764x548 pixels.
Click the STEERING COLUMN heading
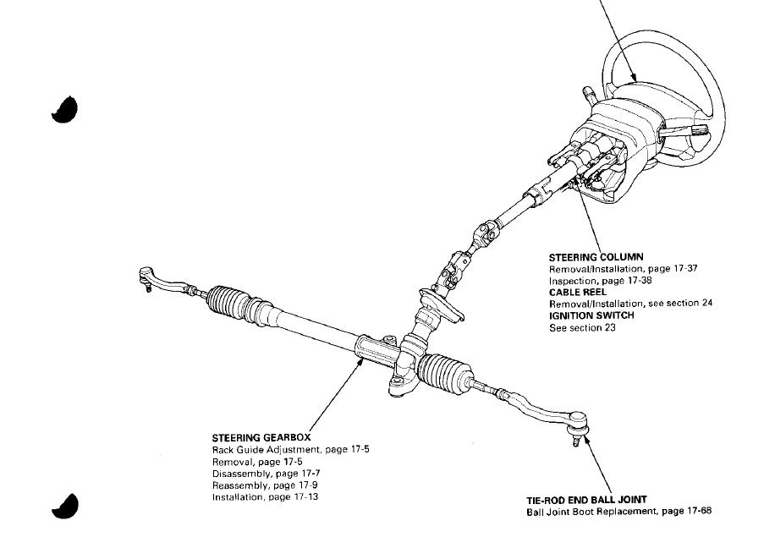596,257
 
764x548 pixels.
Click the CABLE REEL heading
578,292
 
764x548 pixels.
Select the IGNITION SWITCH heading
591,315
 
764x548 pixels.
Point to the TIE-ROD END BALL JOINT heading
586,500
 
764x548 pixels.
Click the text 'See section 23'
583,327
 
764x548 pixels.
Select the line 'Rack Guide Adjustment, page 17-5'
290,450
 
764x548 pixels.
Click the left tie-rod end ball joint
147,277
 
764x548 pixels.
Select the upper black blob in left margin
65,109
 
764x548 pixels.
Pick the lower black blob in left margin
65,505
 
